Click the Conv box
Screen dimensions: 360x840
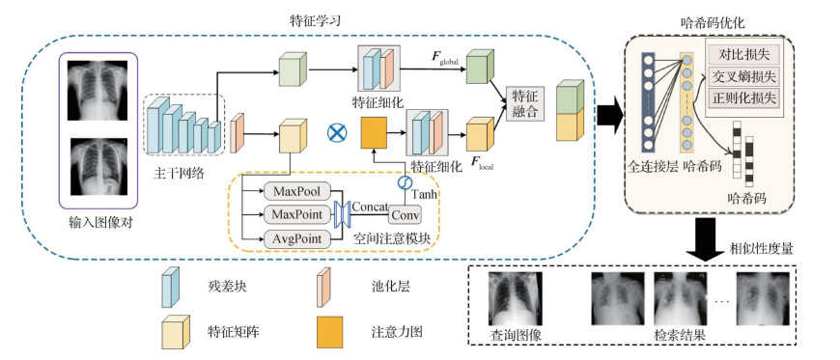[406, 215]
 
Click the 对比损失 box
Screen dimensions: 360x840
[742, 53]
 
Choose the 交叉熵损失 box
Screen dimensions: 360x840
[742, 75]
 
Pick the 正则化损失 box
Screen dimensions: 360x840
[742, 97]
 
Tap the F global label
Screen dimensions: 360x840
[445, 60]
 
